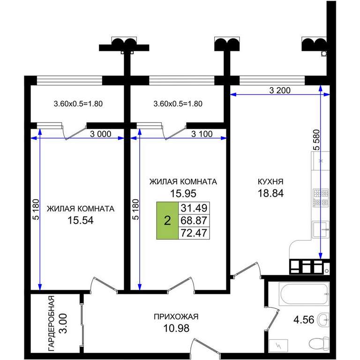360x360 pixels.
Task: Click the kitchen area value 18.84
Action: pyautogui.click(x=270, y=193)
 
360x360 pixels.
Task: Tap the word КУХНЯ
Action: pyautogui.click(x=270, y=181)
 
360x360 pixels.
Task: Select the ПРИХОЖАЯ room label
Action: pyautogui.click(x=176, y=316)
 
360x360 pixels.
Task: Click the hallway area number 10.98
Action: pyautogui.click(x=176, y=328)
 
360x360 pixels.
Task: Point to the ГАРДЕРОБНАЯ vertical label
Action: pyautogui.click(x=52, y=323)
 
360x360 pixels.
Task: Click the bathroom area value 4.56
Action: pyautogui.click(x=304, y=320)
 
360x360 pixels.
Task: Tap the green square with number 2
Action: pyautogui.click(x=167, y=221)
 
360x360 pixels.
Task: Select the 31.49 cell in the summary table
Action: pyautogui.click(x=194, y=208)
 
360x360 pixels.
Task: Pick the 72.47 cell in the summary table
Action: pyautogui.click(x=194, y=233)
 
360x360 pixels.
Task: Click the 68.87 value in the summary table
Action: pyautogui.click(x=194, y=220)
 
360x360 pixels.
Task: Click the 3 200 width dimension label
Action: pyautogui.click(x=280, y=90)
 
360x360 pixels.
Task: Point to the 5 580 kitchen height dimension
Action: pyautogui.click(x=316, y=140)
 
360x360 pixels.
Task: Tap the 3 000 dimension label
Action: pyautogui.click(x=101, y=134)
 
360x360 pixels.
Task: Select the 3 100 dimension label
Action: pyautogui.click(x=202, y=134)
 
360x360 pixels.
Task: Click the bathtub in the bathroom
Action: pyautogui.click(x=304, y=294)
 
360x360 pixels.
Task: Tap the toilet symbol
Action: pyautogui.click(x=319, y=344)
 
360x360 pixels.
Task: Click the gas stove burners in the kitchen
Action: pyautogui.click(x=321, y=197)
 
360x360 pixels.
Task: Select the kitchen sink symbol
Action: pyautogui.click(x=321, y=229)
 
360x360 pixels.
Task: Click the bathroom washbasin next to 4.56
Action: pyautogui.click(x=323, y=319)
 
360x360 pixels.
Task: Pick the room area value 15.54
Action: pyautogui.click(x=81, y=221)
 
